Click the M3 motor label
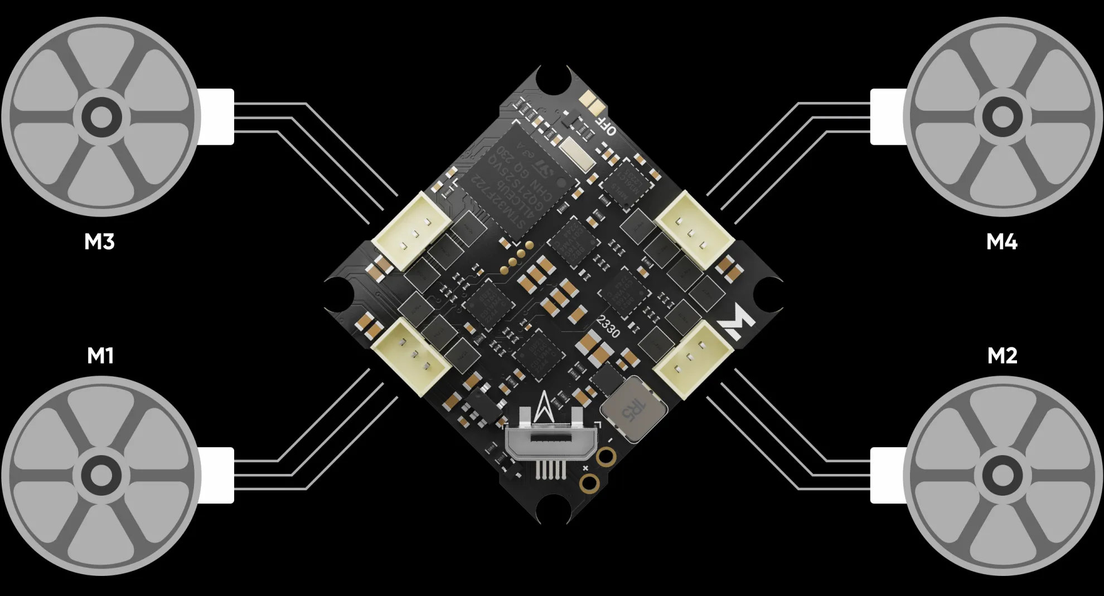(99, 242)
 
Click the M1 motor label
(100, 355)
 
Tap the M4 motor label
(1001, 242)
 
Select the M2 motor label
(1002, 355)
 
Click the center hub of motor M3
(101, 117)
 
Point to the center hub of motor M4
(1002, 117)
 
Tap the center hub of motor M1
(101, 475)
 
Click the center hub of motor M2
(1002, 475)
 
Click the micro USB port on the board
(551, 440)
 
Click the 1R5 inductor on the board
(634, 409)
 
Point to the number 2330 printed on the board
(608, 326)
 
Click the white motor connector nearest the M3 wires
(411, 231)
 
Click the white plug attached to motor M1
(216, 475)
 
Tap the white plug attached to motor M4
(888, 117)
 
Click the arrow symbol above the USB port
(544, 407)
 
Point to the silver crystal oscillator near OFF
(578, 154)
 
